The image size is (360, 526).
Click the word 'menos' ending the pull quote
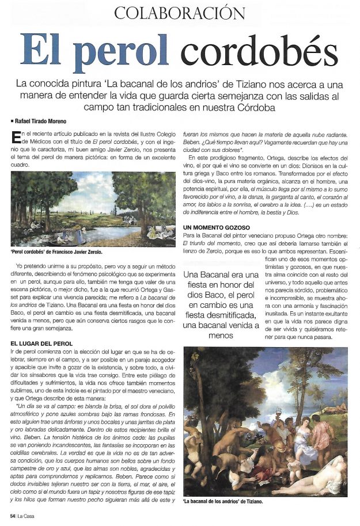(221, 336)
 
